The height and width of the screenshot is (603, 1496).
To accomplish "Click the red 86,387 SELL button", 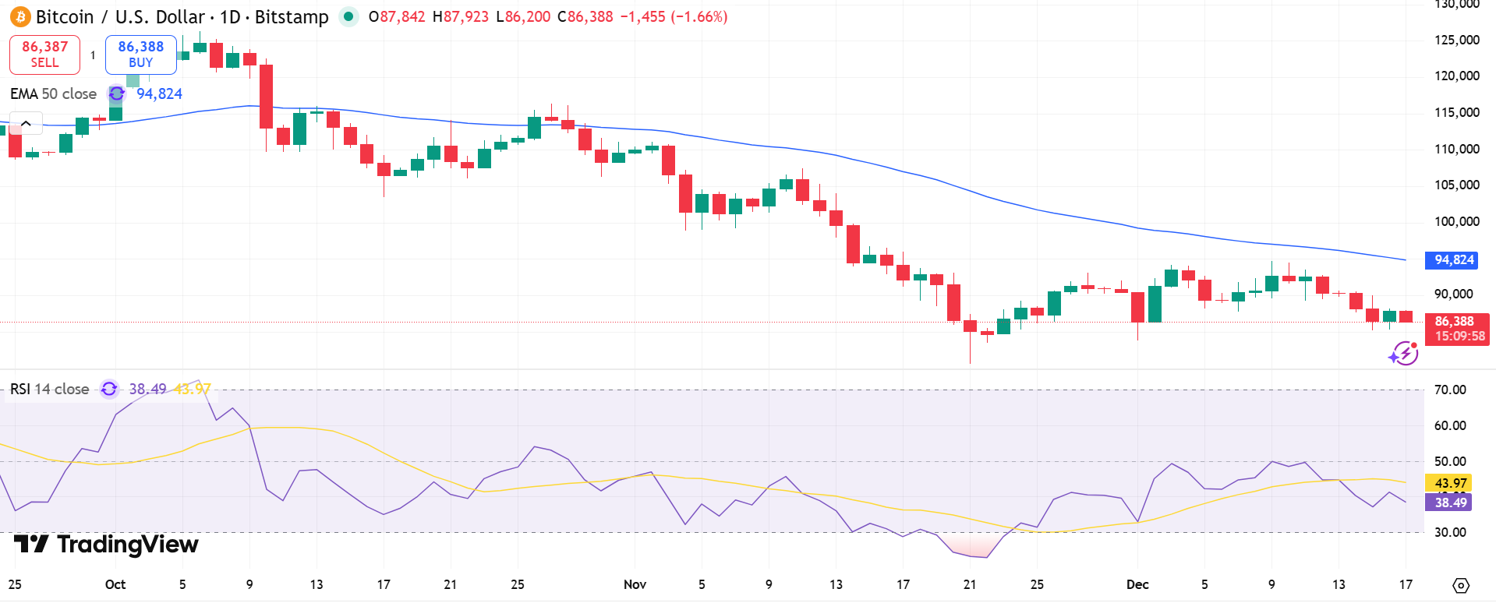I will point(44,55).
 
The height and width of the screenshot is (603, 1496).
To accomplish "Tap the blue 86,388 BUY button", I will point(140,55).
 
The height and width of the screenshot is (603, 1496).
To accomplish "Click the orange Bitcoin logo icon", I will point(20,16).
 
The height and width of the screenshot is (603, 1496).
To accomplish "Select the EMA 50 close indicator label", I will point(53,94).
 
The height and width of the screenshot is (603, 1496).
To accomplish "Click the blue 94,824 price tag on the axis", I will point(1453,260).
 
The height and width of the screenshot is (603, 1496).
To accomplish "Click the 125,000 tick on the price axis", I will point(1456,40).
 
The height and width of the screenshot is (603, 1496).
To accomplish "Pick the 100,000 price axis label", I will point(1456,221).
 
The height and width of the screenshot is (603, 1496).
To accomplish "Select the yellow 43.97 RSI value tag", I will point(1450,483).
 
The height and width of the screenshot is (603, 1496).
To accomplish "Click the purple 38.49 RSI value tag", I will point(1450,503).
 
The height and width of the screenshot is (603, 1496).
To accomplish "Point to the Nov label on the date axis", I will point(635,584).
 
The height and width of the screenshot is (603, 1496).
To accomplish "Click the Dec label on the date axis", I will point(1137,584).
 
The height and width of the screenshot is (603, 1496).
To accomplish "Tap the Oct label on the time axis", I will point(115,584).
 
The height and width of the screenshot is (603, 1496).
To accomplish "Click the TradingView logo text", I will point(107,544).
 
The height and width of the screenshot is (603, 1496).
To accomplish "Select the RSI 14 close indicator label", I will point(49,389).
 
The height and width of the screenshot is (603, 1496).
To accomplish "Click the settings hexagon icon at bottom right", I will point(1461,585).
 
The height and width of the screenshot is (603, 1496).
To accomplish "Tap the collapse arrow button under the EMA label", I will point(26,123).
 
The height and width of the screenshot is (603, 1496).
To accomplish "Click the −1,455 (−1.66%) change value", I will point(674,16).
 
